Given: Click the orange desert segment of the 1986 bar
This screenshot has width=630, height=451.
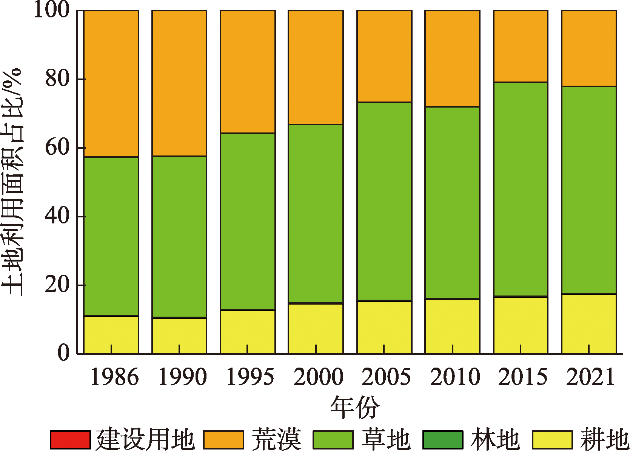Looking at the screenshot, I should (x=111, y=83).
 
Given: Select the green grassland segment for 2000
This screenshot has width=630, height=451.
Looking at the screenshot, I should (x=316, y=213).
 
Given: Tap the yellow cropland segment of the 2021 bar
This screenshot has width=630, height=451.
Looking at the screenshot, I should (x=588, y=324).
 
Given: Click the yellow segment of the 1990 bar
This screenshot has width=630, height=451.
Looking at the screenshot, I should (x=179, y=336).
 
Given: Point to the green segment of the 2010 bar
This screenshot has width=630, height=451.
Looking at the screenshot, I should (x=452, y=202).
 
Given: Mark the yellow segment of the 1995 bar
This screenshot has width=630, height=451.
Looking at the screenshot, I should (x=248, y=332).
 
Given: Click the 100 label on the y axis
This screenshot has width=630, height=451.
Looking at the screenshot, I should (x=52, y=10).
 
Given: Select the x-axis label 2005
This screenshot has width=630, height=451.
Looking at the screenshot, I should (x=386, y=377).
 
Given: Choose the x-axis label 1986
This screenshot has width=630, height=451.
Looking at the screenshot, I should (x=114, y=377).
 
